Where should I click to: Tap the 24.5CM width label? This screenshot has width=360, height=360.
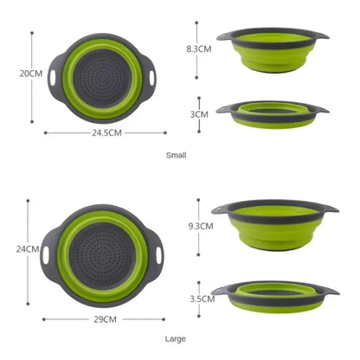pyautogui.click(x=106, y=132)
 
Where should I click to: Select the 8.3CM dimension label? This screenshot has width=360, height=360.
pyautogui.click(x=200, y=49)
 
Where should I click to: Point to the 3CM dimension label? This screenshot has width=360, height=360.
pyautogui.click(x=200, y=113)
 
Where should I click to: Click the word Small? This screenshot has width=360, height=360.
pyautogui.click(x=176, y=156)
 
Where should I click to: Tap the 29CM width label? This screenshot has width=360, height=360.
pyautogui.click(x=106, y=319)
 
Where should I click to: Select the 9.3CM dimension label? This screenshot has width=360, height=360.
pyautogui.click(x=200, y=226)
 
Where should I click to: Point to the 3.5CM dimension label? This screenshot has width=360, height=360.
pyautogui.click(x=202, y=299)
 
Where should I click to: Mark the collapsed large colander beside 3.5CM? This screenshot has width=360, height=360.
pyautogui.click(x=274, y=295)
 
